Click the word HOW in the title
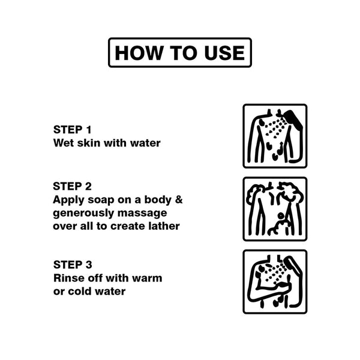tap(138, 53)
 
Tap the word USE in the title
tap(224, 53)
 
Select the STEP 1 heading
tap(73, 130)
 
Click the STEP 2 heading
tap(73, 186)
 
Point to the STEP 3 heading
tap(73, 265)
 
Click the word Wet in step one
tap(64, 143)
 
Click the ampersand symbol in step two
tap(179, 200)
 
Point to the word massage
tap(142, 214)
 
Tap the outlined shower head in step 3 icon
tap(292, 266)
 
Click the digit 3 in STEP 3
tap(89, 265)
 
